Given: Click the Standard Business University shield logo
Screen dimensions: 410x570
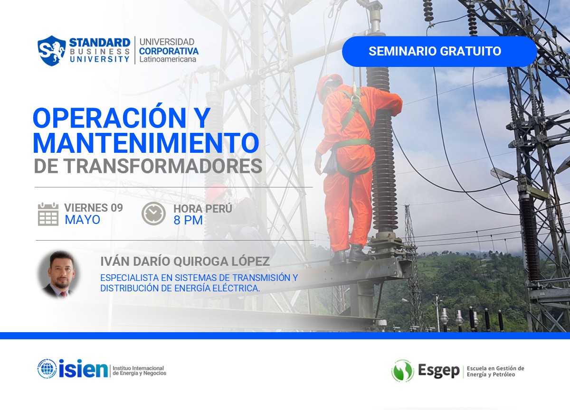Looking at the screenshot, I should (51, 50).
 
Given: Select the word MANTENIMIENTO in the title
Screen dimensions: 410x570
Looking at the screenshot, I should (146, 142).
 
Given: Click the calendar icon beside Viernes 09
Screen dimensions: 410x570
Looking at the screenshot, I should (48, 214).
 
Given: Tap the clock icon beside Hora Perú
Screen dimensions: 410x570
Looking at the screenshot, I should (153, 214).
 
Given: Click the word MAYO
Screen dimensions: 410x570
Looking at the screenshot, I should (83, 220).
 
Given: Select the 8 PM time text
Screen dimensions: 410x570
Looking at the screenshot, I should (188, 220).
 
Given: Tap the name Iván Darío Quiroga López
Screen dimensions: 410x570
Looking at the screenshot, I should (185, 261).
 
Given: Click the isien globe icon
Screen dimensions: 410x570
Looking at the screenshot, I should (47, 369).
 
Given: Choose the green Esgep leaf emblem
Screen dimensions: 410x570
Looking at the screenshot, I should (402, 371).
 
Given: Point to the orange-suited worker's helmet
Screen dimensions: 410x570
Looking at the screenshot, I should (329, 82).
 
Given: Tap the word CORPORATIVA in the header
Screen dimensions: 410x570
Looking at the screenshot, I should (169, 51).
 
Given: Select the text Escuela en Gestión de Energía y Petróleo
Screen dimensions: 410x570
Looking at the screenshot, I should (495, 371).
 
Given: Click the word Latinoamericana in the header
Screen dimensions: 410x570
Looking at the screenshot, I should (167, 60).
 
